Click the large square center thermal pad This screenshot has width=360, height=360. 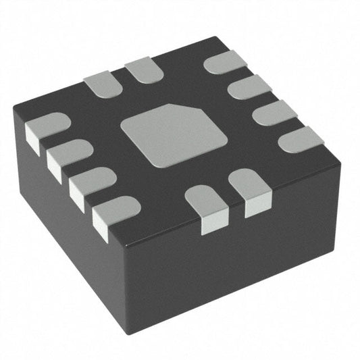[173, 134]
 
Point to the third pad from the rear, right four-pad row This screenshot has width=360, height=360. [274, 112]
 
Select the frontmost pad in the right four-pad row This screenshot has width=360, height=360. [300, 139]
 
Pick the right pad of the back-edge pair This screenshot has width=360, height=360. [145, 70]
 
